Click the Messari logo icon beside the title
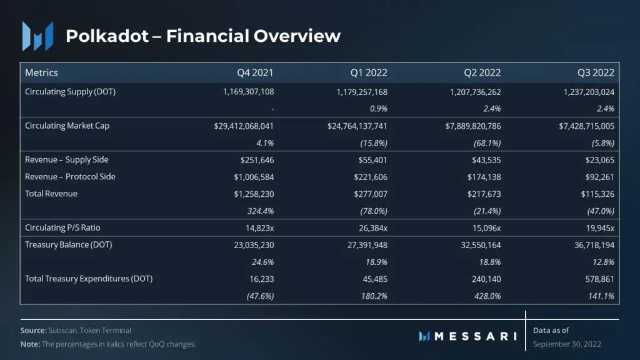pos(37,36)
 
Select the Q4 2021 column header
pos(255,72)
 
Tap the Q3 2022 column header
pos(596,72)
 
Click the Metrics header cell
pos(41,72)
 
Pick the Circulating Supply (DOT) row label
pos(70,92)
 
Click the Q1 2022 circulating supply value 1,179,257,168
pos(357,92)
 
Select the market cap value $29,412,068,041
pos(244,126)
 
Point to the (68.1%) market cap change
pos(484,142)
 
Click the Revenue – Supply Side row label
pos(67,160)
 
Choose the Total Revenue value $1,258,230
pos(252,194)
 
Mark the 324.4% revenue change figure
pos(259,211)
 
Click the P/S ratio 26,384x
pos(369,227)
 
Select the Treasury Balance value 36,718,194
pos(590,245)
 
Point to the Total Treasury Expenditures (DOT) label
pos(89,279)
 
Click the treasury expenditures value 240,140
pos(486,279)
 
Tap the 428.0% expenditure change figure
pos(486,296)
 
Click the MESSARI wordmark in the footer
pos(475,336)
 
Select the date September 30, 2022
pos(567,344)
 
